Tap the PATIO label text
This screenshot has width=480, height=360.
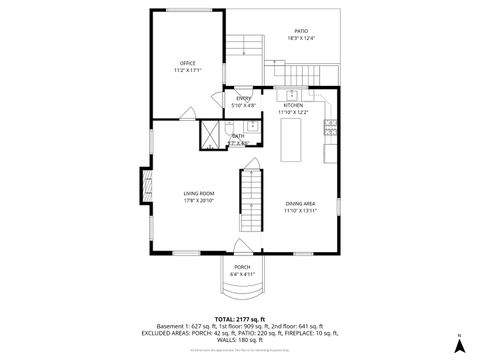point(301,30)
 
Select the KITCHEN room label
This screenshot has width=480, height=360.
point(293,105)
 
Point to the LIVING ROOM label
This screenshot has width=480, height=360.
point(199,193)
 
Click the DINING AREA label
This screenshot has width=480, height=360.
point(300,203)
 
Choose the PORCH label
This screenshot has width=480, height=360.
point(242,267)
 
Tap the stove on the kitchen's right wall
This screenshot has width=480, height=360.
point(331,128)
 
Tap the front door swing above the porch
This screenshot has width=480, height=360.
point(242,249)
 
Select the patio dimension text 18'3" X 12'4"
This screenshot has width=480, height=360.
point(301,38)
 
